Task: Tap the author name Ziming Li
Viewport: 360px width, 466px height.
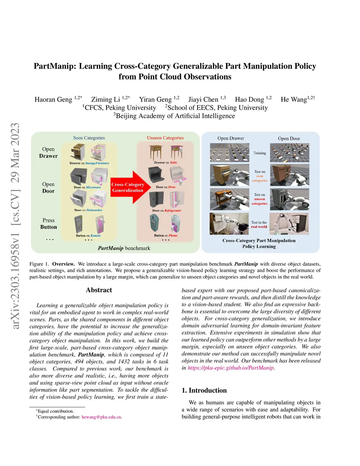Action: (x=105, y=100)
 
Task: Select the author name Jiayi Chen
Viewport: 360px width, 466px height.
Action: (x=203, y=100)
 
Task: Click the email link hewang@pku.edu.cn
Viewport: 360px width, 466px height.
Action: (x=102, y=417)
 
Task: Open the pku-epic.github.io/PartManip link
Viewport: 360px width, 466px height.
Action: (x=231, y=368)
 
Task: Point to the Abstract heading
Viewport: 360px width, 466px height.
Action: (x=99, y=290)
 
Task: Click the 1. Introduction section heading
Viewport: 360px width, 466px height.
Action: (x=204, y=390)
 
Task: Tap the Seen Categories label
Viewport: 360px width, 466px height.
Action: (x=89, y=138)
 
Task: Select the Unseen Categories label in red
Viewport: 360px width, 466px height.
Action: (x=165, y=138)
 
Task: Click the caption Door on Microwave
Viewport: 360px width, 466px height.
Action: (x=87, y=187)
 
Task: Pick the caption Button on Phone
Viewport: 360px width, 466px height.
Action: (x=166, y=236)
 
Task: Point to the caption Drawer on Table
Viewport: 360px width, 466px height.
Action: (x=166, y=162)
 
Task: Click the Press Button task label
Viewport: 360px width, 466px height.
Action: (x=49, y=224)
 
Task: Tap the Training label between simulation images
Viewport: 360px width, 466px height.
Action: (x=259, y=153)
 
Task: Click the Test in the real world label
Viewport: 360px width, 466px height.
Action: (x=259, y=225)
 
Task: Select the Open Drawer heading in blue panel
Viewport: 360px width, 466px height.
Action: (x=231, y=138)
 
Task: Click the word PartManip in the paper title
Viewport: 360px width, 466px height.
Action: (x=54, y=66)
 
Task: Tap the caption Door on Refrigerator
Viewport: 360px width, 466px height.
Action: (x=167, y=211)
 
